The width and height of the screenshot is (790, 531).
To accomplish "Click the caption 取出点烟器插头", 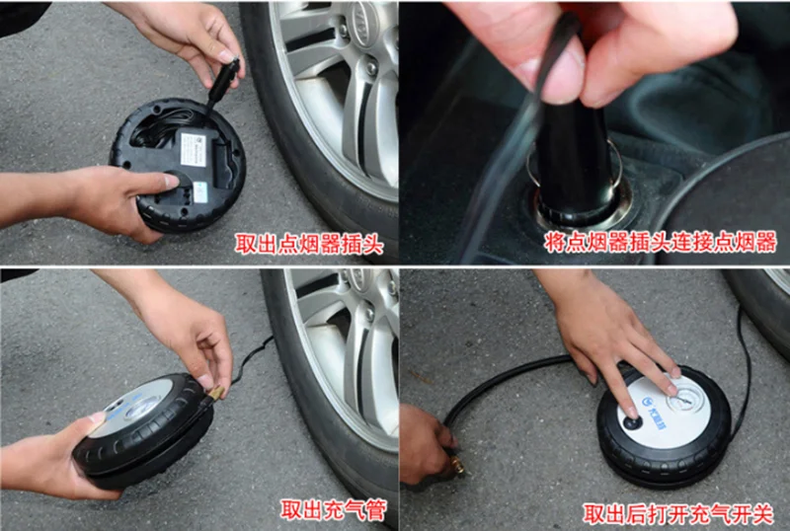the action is (309, 245).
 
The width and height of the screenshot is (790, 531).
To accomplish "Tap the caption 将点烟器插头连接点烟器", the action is (660, 243).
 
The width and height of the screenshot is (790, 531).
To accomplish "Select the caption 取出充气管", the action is (334, 509).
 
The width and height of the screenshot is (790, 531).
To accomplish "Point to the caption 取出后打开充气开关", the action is (677, 514).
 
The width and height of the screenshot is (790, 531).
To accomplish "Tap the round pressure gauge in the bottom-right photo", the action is (682, 402).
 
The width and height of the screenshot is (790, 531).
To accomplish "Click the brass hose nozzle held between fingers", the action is (215, 393).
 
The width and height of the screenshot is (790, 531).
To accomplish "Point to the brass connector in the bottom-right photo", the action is (457, 464).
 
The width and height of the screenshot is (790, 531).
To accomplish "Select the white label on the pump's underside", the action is (194, 150).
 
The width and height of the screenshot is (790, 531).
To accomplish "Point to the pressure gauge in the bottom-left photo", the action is (142, 408).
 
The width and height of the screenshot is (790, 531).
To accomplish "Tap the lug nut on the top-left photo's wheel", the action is (372, 65).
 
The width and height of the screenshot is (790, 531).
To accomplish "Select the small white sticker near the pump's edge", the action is (200, 191).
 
